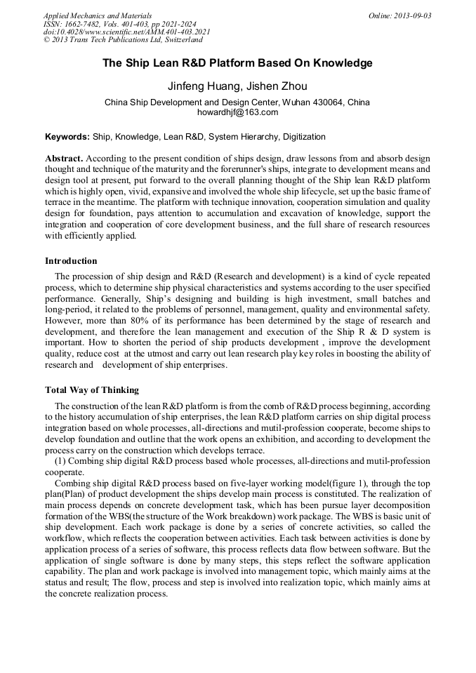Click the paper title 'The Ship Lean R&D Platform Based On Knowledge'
237,63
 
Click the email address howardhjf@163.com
237,112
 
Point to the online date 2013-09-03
414,15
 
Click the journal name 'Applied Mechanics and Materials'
98,15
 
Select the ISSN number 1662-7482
87,24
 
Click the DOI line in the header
126,32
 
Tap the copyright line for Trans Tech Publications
123,41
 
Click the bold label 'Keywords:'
67,137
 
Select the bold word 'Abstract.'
65,159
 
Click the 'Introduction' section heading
71,261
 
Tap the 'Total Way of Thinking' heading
92,390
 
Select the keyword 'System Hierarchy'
239,137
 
